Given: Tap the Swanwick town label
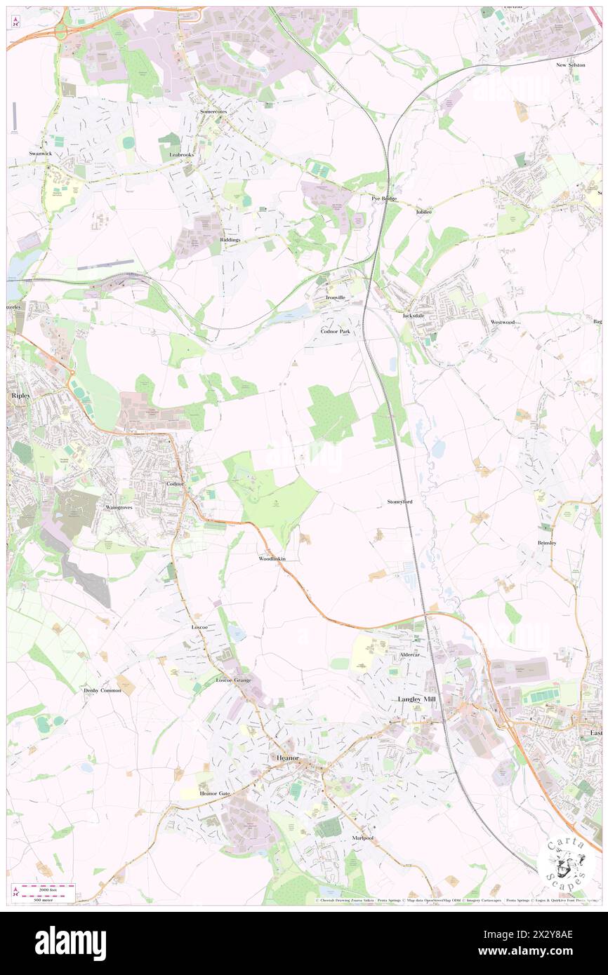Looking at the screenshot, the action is coord(41,153).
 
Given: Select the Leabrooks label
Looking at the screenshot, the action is coord(180,154).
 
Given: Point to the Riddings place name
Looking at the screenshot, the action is coord(230,240).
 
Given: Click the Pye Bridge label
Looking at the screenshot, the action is coord(384,199).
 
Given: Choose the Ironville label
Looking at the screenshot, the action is coord(336,297).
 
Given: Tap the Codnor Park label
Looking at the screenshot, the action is coord(335,330).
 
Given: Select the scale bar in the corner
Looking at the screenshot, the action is coord(44,890).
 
